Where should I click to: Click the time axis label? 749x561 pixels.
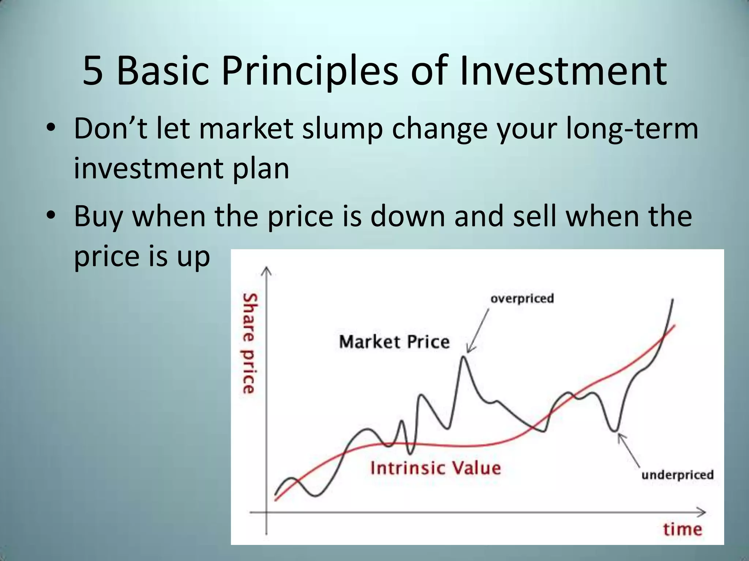click(682, 529)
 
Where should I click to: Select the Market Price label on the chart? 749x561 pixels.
click(394, 342)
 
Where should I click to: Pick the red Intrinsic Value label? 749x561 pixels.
click(435, 468)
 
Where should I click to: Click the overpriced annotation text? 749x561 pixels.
click(522, 298)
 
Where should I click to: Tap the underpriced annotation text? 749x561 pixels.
click(677, 474)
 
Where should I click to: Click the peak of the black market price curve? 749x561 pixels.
click(463, 357)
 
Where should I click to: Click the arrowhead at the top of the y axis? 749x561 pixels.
click(267, 271)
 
